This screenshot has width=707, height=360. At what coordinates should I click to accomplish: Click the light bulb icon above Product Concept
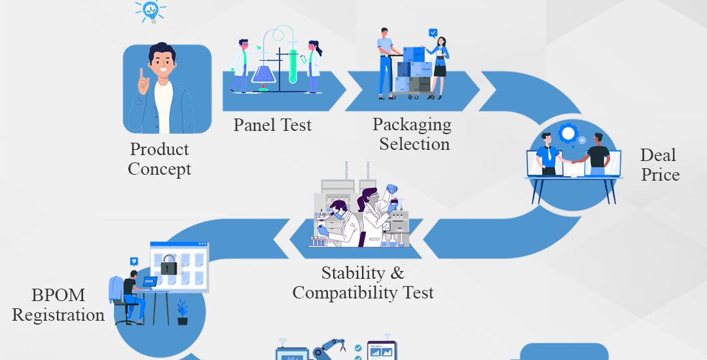[x=150, y=10]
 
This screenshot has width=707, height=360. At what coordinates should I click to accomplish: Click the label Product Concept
[x=160, y=159]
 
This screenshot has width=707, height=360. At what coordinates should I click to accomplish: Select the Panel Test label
[x=272, y=124]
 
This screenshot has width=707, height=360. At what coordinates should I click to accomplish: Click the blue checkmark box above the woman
[x=433, y=32]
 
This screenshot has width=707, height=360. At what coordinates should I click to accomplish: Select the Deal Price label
[x=659, y=165]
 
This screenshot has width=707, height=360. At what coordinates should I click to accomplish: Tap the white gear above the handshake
[x=568, y=134]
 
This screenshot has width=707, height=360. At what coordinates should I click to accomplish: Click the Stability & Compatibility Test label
[x=363, y=282]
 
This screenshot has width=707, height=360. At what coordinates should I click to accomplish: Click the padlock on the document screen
[x=169, y=265]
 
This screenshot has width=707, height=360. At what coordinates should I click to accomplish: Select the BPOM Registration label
[x=58, y=305]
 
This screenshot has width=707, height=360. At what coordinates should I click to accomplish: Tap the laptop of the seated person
[x=149, y=282]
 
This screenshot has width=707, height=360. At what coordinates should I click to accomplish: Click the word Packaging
[x=412, y=124]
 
